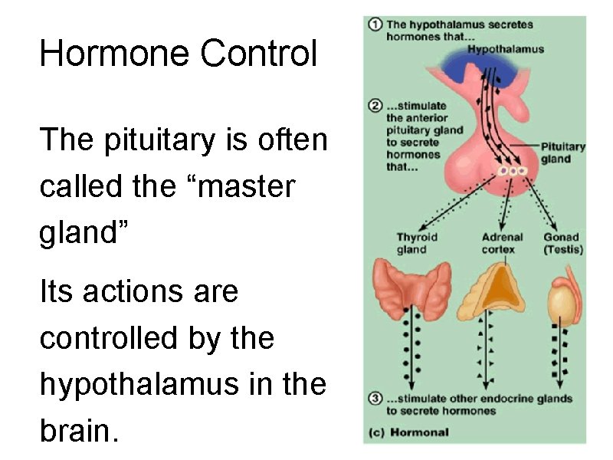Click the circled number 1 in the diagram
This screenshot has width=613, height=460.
click(x=375, y=25)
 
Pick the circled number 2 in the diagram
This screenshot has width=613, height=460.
click(x=375, y=105)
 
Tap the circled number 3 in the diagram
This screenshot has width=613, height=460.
click(x=375, y=398)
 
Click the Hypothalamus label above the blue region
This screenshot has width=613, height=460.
click(x=505, y=49)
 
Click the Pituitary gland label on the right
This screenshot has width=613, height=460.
click(x=562, y=153)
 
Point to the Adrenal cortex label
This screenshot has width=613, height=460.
click(x=502, y=243)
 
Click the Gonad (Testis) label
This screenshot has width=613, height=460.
click(x=563, y=243)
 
